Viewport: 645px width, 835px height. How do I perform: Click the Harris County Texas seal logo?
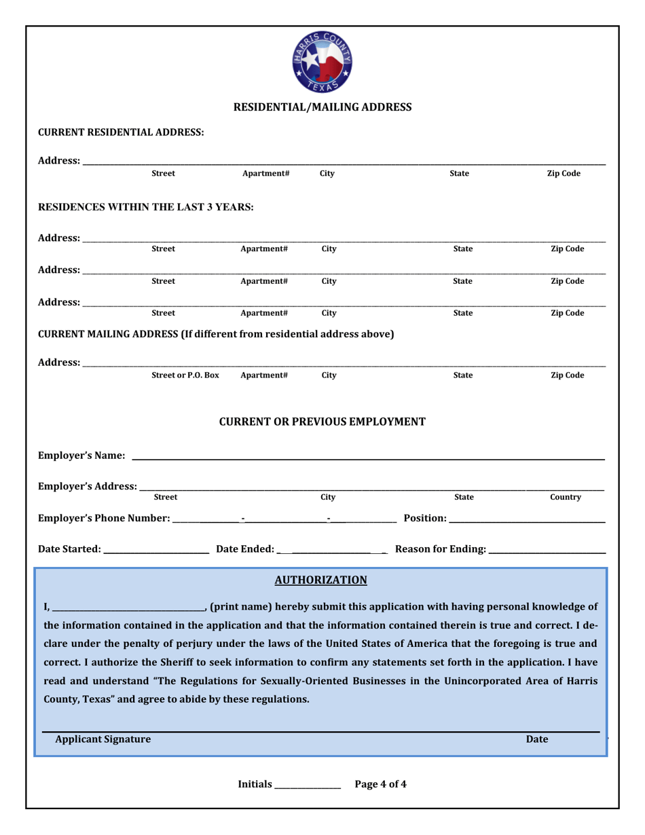click(322, 62)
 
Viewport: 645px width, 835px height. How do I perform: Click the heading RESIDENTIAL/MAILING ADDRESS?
click(322, 107)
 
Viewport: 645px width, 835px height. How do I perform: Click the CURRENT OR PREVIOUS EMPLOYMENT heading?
click(322, 422)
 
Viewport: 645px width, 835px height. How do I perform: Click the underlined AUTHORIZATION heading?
click(321, 580)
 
